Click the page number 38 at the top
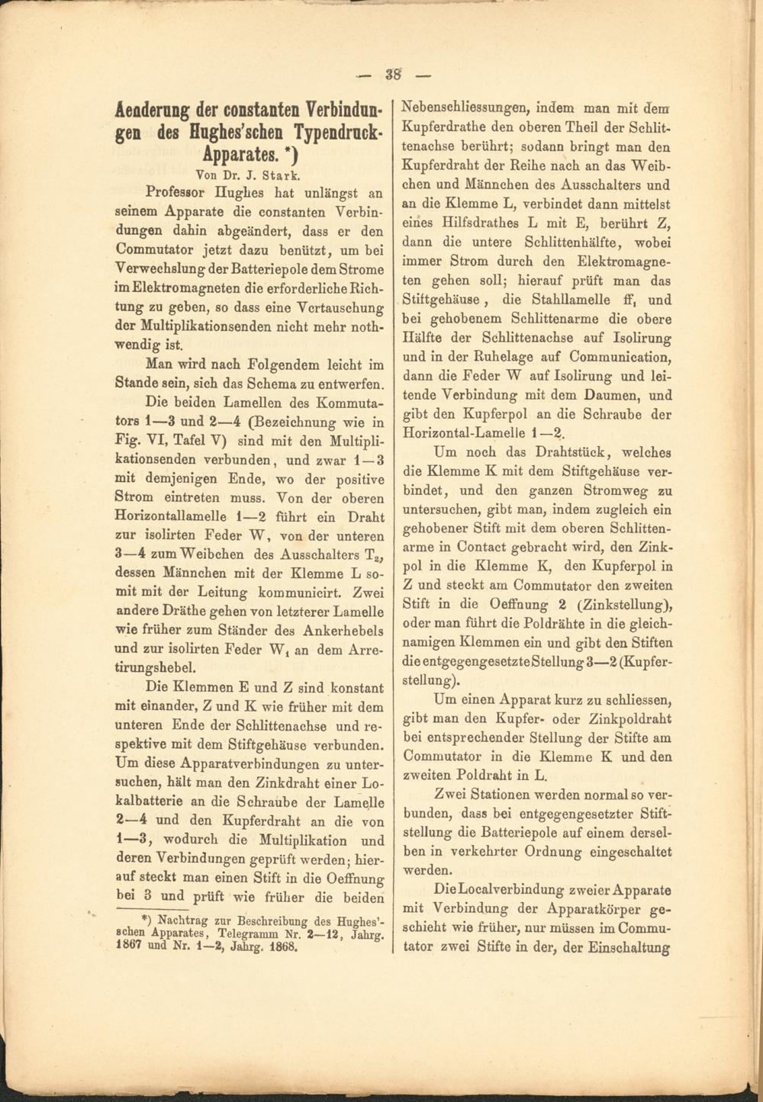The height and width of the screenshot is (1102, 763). (393, 75)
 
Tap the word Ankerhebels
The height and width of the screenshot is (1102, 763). (343, 630)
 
